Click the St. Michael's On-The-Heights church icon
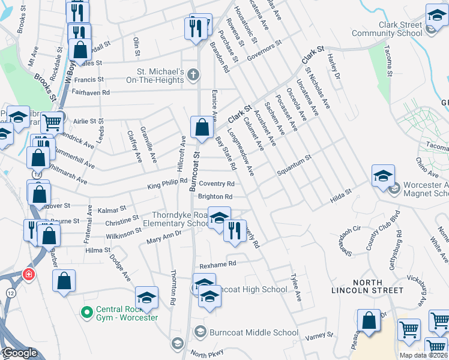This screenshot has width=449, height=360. click(192, 76)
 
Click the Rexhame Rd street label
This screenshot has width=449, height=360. click(218, 263)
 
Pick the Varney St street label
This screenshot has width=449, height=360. click(319, 337)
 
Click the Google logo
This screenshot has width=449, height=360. click(19, 353)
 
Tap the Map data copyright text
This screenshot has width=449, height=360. click(424, 355)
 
